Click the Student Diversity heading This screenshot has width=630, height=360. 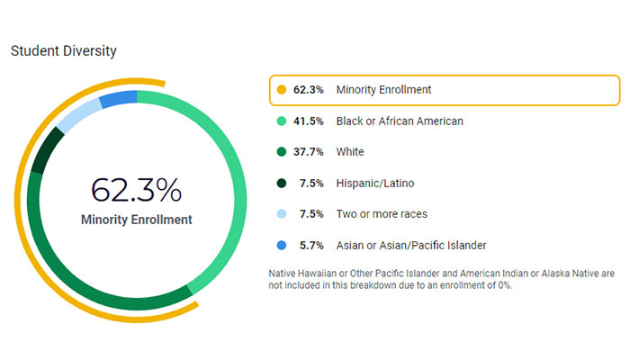[x=63, y=50]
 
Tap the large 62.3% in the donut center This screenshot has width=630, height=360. [x=136, y=191]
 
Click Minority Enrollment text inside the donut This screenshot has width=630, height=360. [x=136, y=220]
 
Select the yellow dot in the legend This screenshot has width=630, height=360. [x=282, y=90]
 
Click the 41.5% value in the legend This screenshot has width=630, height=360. [x=308, y=121]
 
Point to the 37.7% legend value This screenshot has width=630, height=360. [x=308, y=152]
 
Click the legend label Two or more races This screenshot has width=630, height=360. [x=382, y=214]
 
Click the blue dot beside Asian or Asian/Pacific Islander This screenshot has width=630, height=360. [x=282, y=246]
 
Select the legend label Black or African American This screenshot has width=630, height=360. [x=400, y=121]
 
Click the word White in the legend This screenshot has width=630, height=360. [x=350, y=152]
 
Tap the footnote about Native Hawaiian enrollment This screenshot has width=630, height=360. [x=442, y=279]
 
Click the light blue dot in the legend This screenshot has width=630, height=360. [x=282, y=214]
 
